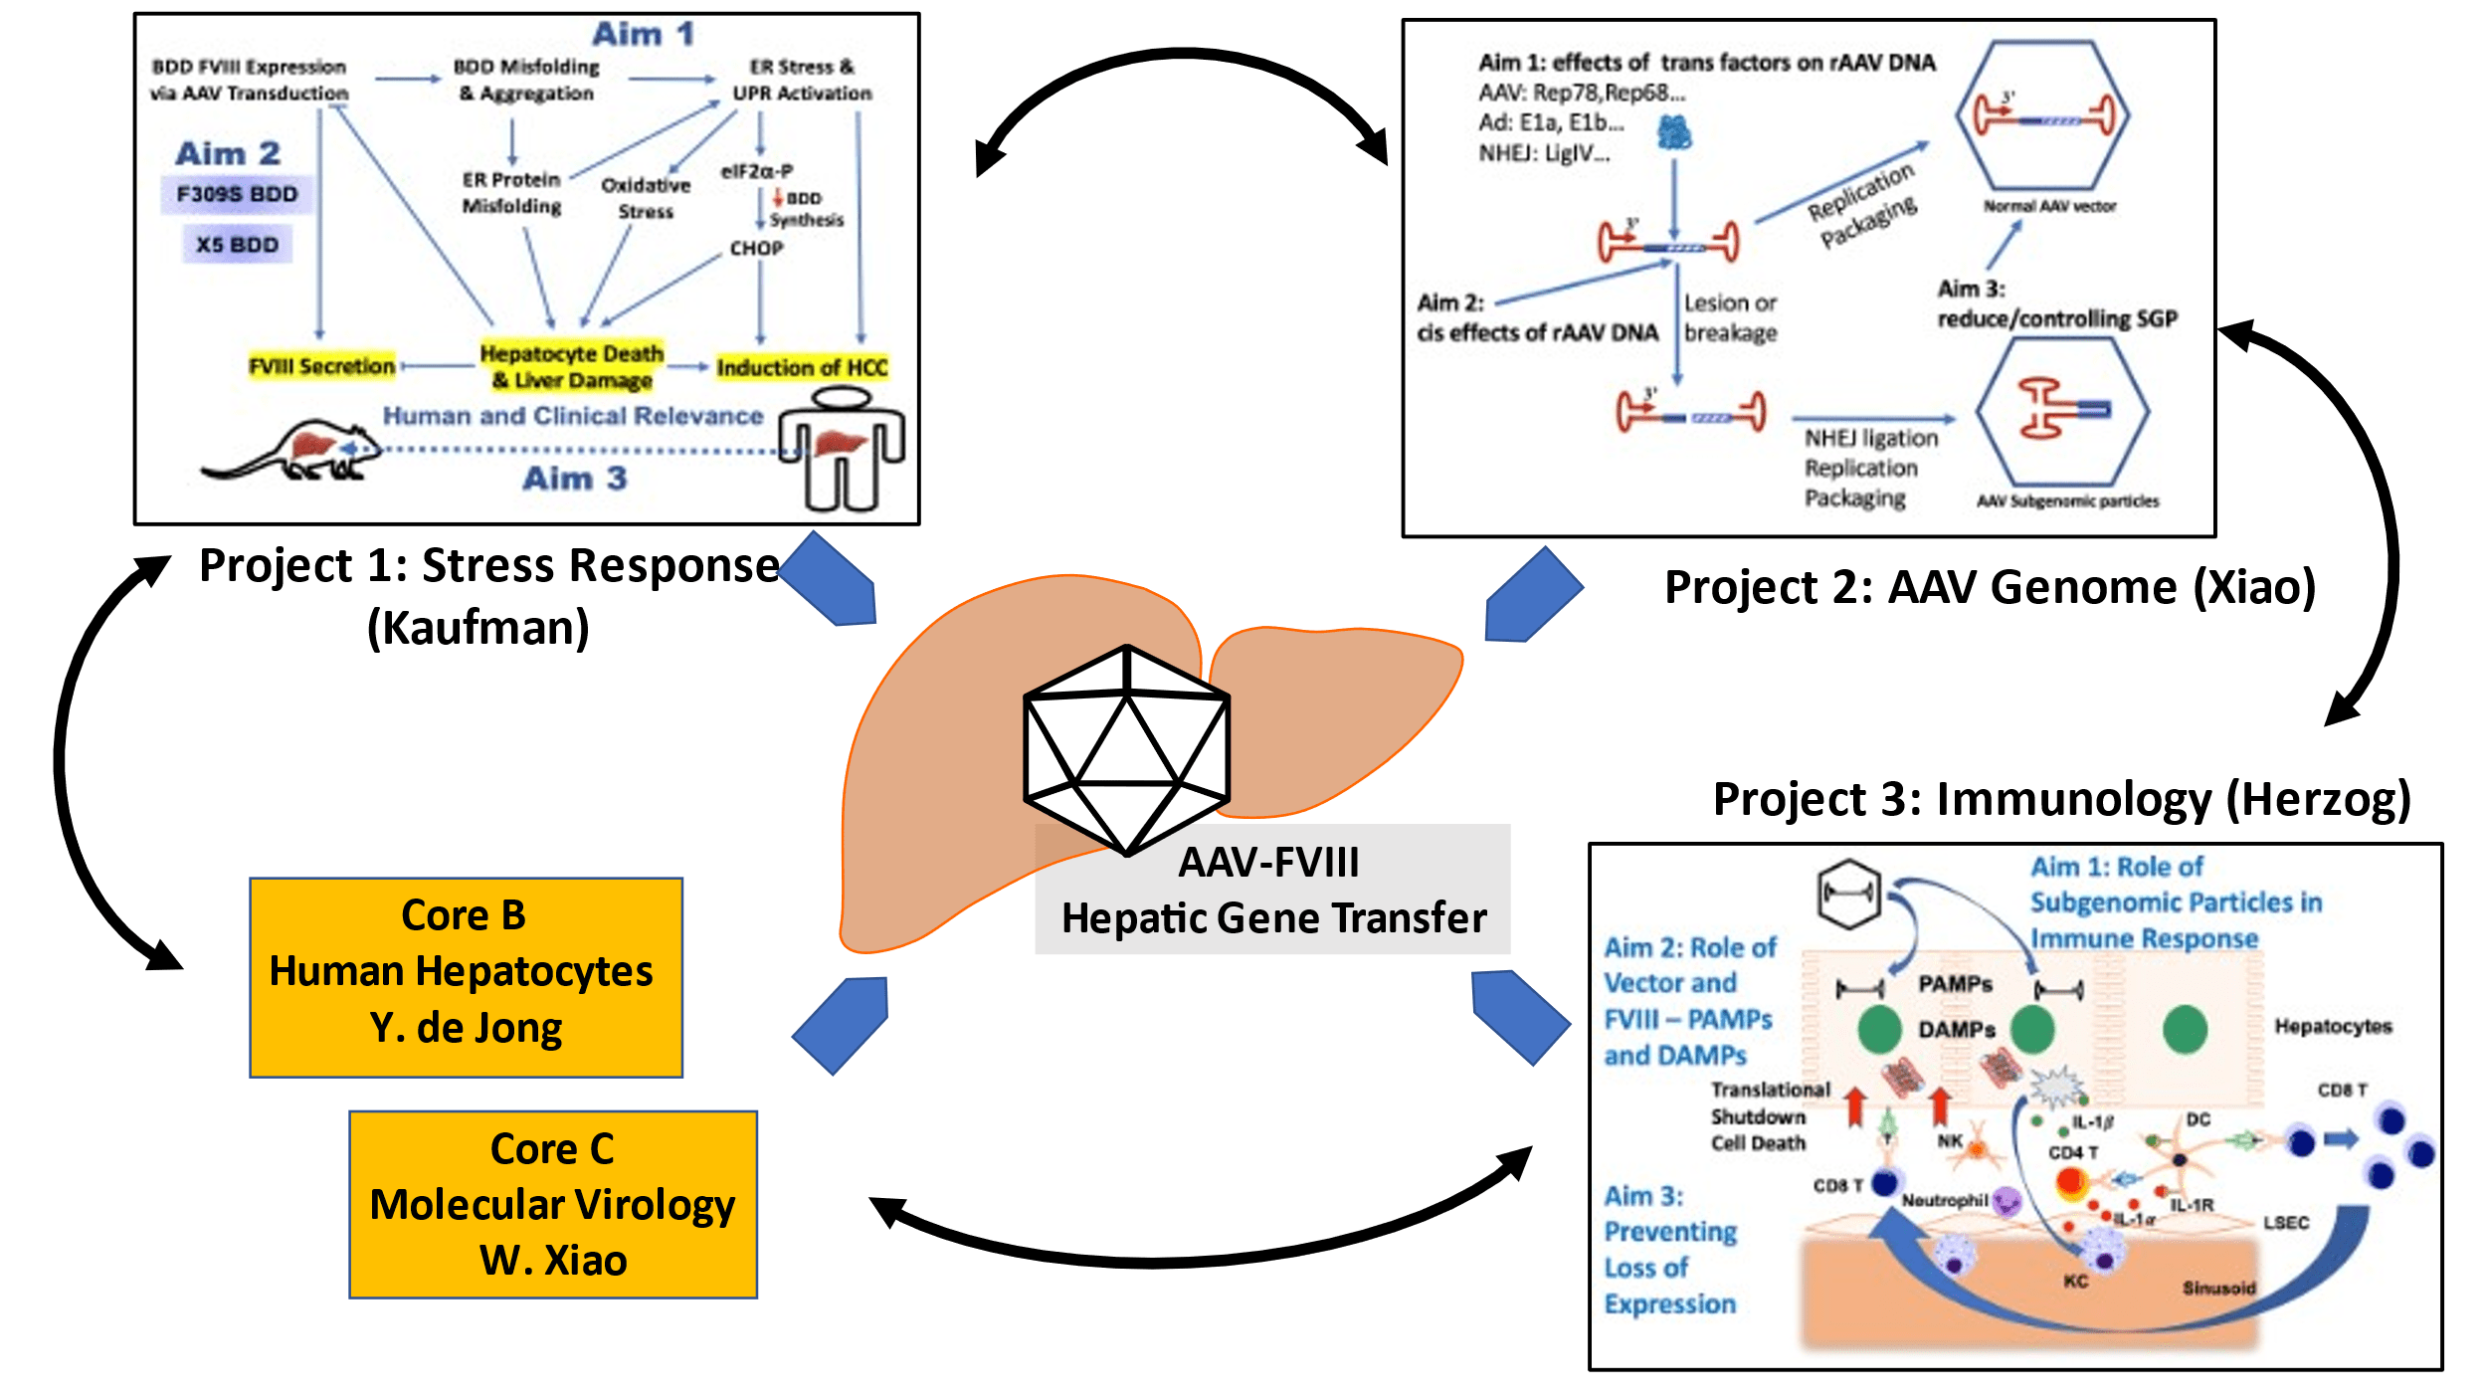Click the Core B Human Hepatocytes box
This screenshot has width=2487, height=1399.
466,976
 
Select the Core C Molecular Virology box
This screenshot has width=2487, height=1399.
553,1204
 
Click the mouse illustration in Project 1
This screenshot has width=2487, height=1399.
294,453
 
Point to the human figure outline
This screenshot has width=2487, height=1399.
842,448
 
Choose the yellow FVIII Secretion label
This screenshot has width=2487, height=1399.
321,366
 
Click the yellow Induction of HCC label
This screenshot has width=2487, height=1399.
802,367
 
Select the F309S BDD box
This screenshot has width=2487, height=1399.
237,194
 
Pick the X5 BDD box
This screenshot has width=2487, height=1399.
237,245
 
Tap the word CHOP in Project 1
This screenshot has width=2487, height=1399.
756,248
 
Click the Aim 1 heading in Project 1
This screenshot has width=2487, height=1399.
643,34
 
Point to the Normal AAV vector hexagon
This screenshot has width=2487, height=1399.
2042,115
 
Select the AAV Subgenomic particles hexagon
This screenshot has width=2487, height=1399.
2062,412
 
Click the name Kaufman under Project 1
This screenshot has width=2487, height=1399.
478,628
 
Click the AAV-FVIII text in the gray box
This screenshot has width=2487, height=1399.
1268,862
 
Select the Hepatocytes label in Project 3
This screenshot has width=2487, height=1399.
2333,1026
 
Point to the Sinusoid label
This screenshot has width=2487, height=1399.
2218,1289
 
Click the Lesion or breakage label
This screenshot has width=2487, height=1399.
1730,317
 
